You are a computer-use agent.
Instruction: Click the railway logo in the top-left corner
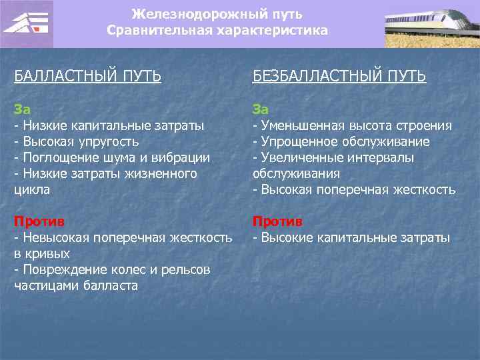point(27,24)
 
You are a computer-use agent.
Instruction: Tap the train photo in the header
point(431,24)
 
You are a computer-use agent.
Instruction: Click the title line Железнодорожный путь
point(217,14)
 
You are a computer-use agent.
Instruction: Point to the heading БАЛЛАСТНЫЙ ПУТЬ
point(87,76)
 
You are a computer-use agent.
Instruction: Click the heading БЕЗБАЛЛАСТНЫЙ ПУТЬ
point(339,76)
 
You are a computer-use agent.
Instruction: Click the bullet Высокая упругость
point(81,141)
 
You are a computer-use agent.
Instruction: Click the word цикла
point(32,189)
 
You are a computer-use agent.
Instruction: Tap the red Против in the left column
point(39,221)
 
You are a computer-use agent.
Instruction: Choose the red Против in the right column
point(277,221)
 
